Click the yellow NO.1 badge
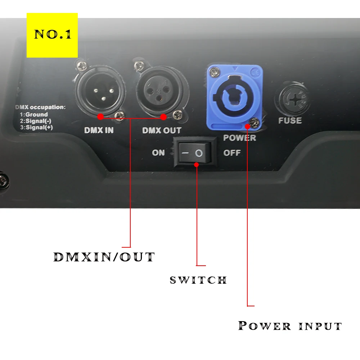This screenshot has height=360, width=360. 52,35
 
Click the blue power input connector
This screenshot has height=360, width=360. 233,96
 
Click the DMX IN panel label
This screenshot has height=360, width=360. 99,130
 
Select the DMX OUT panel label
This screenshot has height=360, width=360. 162,130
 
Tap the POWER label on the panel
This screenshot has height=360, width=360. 239,138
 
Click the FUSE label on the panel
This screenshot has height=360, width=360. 290,120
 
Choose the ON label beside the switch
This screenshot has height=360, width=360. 158,153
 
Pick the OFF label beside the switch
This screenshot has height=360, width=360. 232,153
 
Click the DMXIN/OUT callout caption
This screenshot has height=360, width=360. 104,257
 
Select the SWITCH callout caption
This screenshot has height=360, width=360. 198,280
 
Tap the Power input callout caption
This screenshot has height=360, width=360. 290,326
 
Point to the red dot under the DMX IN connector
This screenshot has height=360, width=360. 100,117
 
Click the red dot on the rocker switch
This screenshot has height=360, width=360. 197,165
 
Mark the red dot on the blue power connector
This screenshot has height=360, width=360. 248,126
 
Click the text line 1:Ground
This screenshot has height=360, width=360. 34,114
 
